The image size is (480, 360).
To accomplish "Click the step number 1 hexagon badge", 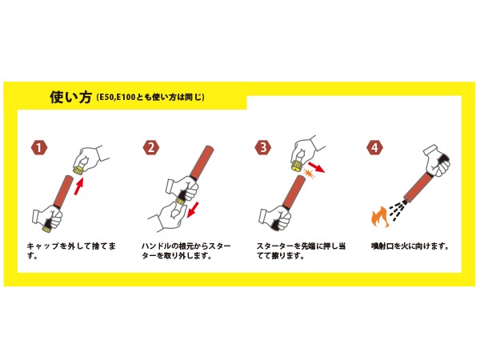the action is click(39, 148).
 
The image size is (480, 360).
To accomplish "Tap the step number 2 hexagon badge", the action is click(151, 147).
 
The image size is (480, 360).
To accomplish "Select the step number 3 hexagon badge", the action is click(263, 147).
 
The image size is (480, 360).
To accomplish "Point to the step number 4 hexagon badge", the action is click(374, 147).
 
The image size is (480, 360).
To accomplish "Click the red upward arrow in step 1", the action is click(78, 186).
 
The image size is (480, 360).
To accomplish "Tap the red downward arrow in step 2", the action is click(193, 210).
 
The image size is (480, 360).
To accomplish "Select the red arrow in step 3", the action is click(316, 167).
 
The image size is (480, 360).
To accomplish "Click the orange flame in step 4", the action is click(380, 217).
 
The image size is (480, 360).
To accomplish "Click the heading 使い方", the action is click(70, 97).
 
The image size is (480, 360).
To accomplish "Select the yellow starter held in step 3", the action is click(297, 166).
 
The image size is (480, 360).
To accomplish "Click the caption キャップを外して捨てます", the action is click(72, 251).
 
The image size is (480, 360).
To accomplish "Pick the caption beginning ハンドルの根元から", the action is click(186, 251).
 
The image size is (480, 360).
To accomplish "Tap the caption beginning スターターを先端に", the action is click(302, 251).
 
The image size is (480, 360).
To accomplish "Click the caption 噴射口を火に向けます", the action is click(410, 246).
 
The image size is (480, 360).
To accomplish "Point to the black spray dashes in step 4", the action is click(398, 210).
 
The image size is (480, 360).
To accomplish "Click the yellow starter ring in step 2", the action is click(180, 201).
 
